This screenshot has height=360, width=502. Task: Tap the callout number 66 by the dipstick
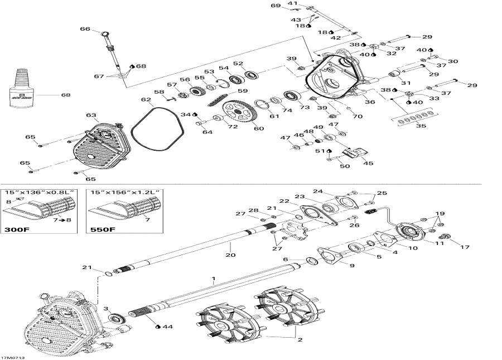point(85,30)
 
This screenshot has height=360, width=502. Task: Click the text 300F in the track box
point(17,229)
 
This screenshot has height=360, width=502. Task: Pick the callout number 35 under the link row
point(413,127)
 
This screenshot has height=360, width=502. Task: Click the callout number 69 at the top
point(276,6)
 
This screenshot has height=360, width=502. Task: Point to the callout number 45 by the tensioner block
point(368,163)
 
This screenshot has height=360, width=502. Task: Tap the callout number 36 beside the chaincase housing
point(369,102)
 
